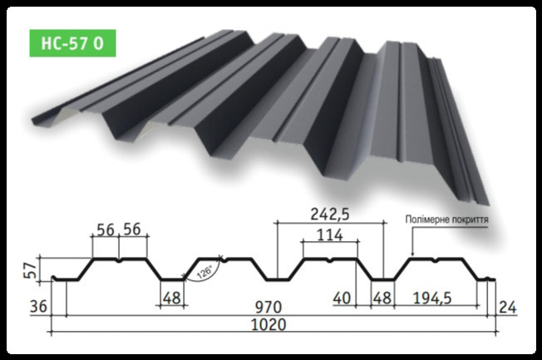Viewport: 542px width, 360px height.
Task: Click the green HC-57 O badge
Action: tap(70, 42)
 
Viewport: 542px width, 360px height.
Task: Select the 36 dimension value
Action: tap(37, 307)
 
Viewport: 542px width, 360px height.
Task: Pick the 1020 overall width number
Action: tap(269, 324)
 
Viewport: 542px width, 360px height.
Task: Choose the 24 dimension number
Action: tap(508, 307)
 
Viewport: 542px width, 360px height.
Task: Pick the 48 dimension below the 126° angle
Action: tap(172, 298)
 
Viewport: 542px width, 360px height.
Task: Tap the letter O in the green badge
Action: tap(99, 42)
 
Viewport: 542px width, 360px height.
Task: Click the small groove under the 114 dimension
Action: tap(331, 261)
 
